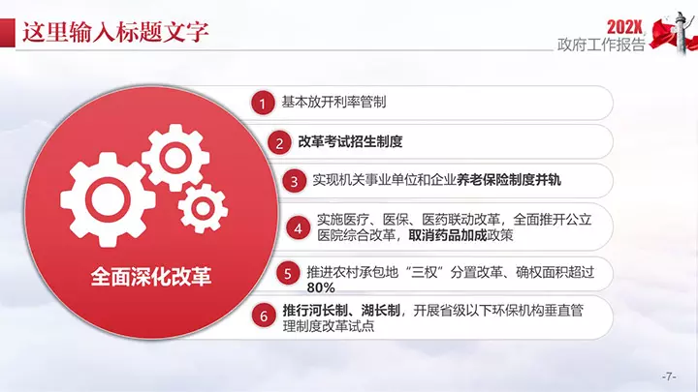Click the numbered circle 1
pyautogui.click(x=263, y=104)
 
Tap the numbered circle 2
pyautogui.click(x=279, y=142)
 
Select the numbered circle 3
pyautogui.click(x=294, y=181)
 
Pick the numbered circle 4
pyautogui.click(x=299, y=228)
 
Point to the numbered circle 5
pyautogui.click(x=288, y=273)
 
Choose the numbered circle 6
pyautogui.click(x=264, y=316)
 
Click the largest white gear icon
pyautogui.click(x=108, y=199)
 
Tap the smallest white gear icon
pyautogui.click(x=203, y=208)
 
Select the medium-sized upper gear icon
pyautogui.click(x=175, y=158)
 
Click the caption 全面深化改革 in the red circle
pyautogui.click(x=151, y=277)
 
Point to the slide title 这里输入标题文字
pyautogui.click(x=115, y=33)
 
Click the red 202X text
pyautogui.click(x=625, y=27)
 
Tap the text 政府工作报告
pyautogui.click(x=601, y=45)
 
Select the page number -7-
pyautogui.click(x=669, y=377)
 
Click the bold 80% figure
pyautogui.click(x=321, y=288)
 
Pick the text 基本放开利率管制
pyautogui.click(x=333, y=103)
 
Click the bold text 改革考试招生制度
pyautogui.click(x=350, y=141)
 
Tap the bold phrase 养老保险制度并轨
pyautogui.click(x=509, y=180)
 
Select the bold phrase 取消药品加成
pyautogui.click(x=448, y=235)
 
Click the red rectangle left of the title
pyautogui.click(x=8, y=33)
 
